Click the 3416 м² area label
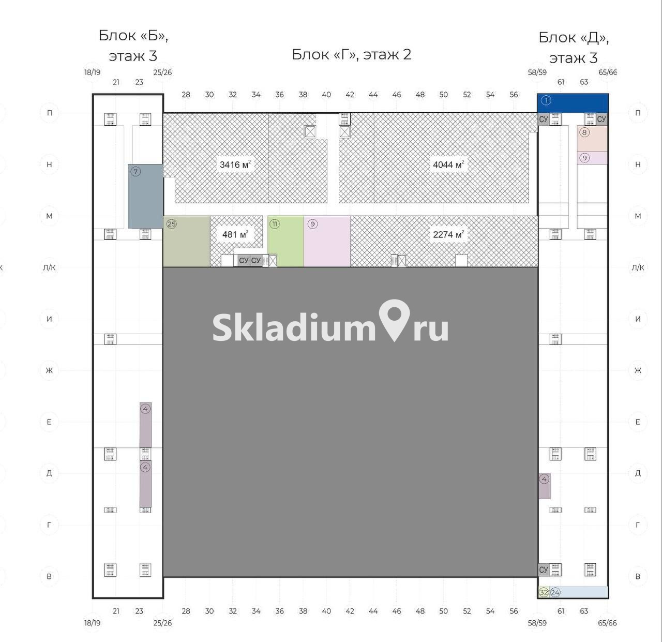coord(235,165)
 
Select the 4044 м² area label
coord(448,165)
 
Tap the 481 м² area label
coord(235,234)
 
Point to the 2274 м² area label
coord(448,234)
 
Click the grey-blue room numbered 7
coord(145,196)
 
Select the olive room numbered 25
coord(186,241)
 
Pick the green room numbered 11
coord(286,241)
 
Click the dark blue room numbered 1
coord(573,103)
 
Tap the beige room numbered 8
coord(592,139)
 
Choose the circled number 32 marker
coord(544,592)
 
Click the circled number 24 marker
coord(555,592)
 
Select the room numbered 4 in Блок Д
coord(544,486)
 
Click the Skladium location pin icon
coord(394,320)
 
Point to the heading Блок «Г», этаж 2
coord(351,54)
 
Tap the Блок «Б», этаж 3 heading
coord(133,46)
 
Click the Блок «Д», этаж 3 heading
coord(574,48)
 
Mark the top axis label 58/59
coord(537,72)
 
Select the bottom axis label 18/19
coord(93,623)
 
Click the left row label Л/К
coord(49,268)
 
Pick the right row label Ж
coord(638,370)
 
